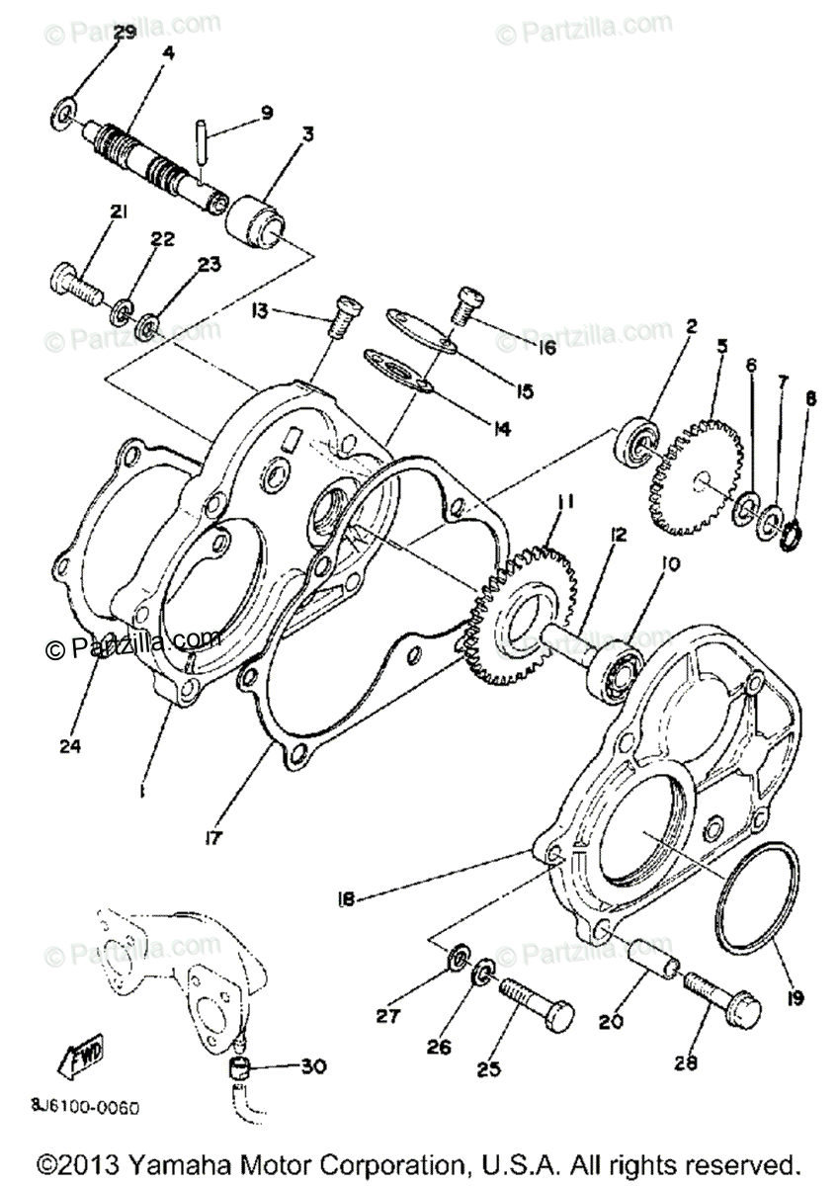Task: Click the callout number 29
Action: [x=124, y=33]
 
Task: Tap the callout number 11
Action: [x=564, y=504]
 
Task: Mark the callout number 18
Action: [x=345, y=898]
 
